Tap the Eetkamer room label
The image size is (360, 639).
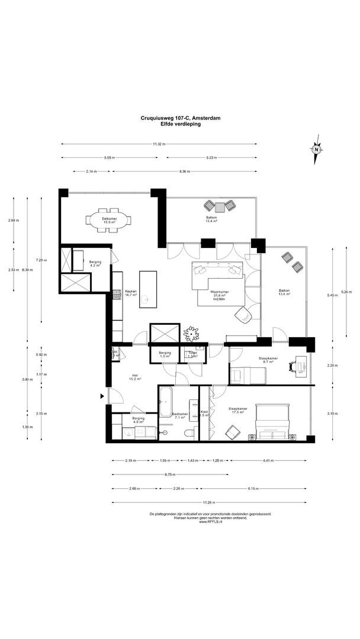click(109, 221)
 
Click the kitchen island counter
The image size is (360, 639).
click(146, 288)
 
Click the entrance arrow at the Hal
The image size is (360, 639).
click(102, 396)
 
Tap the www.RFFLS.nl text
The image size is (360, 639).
click(210, 522)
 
